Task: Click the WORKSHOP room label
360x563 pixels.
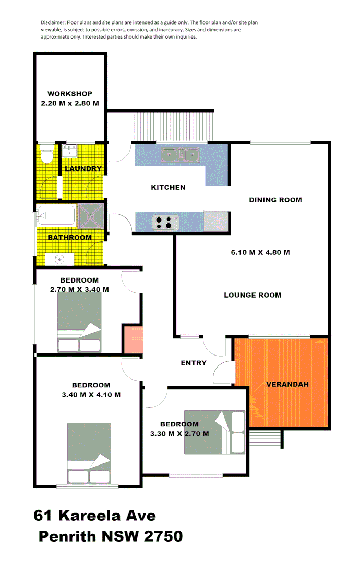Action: pos(69,94)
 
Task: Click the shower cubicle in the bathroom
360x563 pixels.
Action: pos(91,216)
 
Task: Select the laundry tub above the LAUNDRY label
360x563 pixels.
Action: pos(69,151)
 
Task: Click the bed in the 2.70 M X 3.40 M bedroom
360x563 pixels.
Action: pos(79,323)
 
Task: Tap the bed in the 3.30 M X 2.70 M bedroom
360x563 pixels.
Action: pos(214,432)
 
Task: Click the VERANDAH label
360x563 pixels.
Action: pos(287,384)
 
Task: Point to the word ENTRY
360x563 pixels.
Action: pos(194,363)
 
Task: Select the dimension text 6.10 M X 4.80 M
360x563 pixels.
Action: pos(260,252)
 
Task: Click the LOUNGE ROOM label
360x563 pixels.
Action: pos(253,295)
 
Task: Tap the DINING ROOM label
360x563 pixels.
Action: pos(275,200)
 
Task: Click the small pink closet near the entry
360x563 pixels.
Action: pos(132,340)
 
